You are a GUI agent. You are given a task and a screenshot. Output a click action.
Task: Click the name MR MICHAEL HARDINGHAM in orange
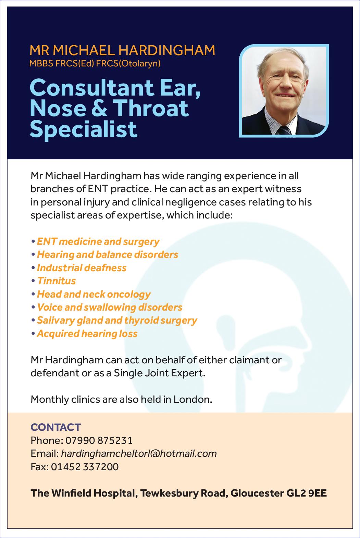click(x=122, y=50)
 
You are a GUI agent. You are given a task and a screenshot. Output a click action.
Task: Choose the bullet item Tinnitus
click(x=56, y=281)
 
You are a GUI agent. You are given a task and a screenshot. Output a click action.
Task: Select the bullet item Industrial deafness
click(x=82, y=268)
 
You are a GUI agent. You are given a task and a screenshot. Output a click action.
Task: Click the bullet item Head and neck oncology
click(x=94, y=294)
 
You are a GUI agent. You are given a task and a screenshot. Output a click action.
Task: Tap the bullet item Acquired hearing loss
click(x=87, y=334)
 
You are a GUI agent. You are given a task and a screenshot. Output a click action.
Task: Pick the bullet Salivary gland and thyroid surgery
click(x=117, y=321)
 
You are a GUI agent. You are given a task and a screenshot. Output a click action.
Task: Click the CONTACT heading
click(x=56, y=427)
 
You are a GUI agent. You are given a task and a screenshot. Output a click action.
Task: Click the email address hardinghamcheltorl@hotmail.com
click(x=139, y=453)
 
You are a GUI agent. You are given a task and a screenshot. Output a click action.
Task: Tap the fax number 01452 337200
click(x=85, y=466)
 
